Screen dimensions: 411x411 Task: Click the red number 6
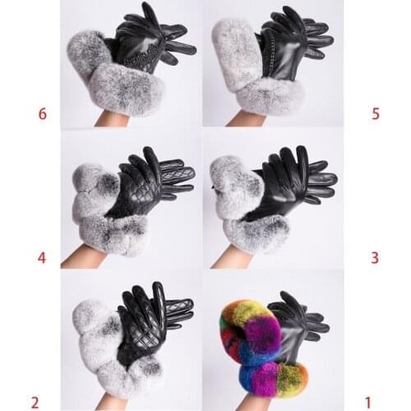[42, 113]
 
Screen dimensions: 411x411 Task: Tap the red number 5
[376, 113]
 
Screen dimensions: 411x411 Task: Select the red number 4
[42, 258]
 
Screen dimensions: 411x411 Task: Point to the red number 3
[375, 258]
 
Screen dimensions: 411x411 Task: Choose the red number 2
[35, 402]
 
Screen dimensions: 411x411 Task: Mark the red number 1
[368, 402]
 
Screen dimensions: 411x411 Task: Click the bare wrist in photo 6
[105, 118]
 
